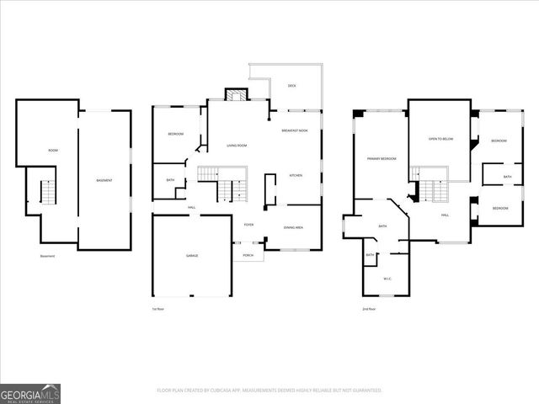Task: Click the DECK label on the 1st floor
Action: pos(292,86)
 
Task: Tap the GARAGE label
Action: pos(192,255)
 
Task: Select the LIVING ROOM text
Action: pos(237,146)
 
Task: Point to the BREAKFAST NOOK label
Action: pos(295,131)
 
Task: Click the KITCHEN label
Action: pos(296,176)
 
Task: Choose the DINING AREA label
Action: pos(294,227)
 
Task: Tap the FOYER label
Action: pos(248,225)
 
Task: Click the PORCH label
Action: pos(248,255)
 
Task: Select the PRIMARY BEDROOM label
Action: pos(382,158)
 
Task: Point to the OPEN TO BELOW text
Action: pos(440,139)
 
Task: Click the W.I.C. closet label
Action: pos(387,279)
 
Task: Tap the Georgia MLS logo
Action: pos(30,393)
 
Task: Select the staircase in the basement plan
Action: pos(47,193)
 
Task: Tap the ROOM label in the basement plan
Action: pos(52,150)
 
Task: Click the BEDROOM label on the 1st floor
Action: pos(175,134)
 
